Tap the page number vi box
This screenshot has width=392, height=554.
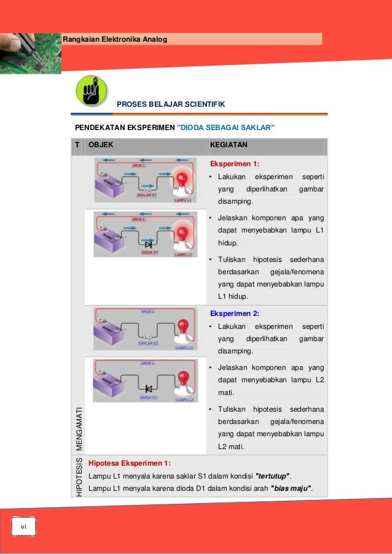coord(24,526)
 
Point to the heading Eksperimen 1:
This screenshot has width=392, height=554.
coord(235,164)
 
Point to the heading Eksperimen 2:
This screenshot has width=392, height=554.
coord(235,314)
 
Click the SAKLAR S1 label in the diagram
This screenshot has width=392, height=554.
coord(146,196)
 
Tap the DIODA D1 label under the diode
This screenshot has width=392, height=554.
coord(150,252)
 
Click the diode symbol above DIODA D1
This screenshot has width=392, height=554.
coord(148,244)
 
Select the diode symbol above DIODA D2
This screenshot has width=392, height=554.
coord(148,389)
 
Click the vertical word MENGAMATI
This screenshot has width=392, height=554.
coord(78,428)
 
